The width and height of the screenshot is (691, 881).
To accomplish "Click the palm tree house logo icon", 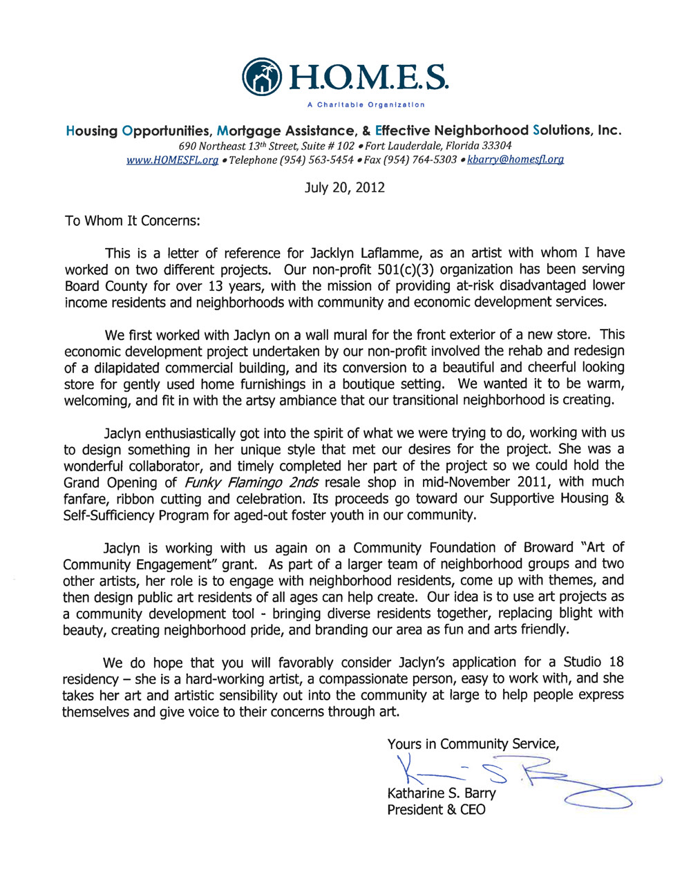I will pyautogui.click(x=263, y=77).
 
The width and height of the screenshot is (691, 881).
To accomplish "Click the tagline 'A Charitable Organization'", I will pyautogui.click(x=366, y=105).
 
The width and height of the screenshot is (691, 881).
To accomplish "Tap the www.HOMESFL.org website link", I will pyautogui.click(x=172, y=160).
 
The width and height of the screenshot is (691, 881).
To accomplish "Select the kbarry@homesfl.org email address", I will pyautogui.click(x=515, y=160).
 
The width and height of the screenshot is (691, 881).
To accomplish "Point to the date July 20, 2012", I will pyautogui.click(x=345, y=188).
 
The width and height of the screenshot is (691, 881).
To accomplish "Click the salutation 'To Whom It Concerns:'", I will pyautogui.click(x=132, y=221).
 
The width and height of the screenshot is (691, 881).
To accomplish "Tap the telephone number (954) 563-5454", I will pyautogui.click(x=318, y=160).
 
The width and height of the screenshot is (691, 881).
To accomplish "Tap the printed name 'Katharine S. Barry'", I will pyautogui.click(x=442, y=794).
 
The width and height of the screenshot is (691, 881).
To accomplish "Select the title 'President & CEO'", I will pyautogui.click(x=436, y=810).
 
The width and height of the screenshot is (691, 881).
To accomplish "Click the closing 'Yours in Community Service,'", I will pyautogui.click(x=473, y=744).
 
